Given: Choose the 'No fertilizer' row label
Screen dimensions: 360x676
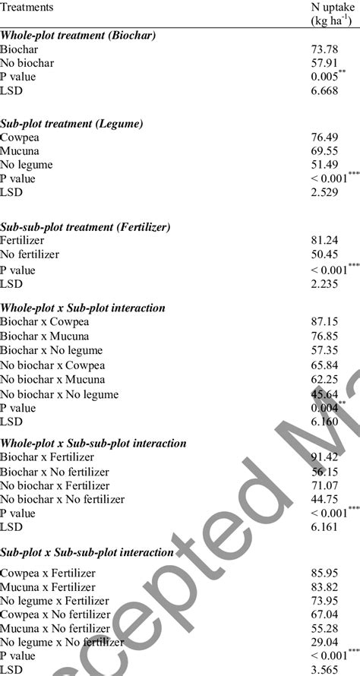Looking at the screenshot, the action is pos(30,254).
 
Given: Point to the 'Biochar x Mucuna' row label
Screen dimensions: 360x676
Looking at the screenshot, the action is pos(45,336).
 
